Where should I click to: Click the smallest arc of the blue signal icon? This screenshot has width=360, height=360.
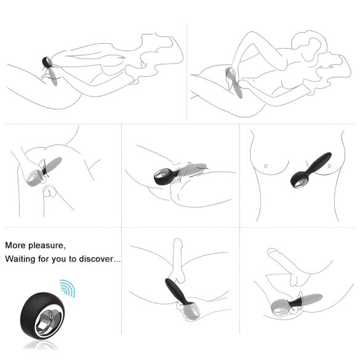pyautogui.click(x=63, y=290)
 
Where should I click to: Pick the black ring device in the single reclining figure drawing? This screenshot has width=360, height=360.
pyautogui.click(x=47, y=63)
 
